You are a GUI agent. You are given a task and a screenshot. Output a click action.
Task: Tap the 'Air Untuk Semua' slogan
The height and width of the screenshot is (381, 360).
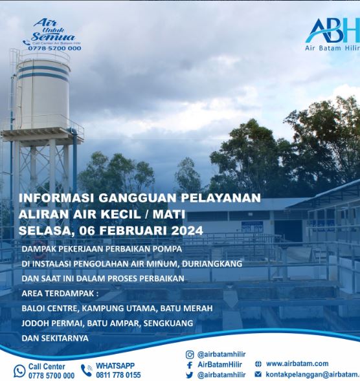[53, 30]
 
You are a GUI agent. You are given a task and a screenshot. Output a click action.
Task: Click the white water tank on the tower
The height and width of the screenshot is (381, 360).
[43, 94]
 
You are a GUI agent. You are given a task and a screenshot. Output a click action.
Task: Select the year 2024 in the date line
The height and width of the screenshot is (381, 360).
[187, 230]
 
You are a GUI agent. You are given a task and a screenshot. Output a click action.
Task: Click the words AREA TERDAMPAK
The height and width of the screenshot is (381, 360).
[60, 294]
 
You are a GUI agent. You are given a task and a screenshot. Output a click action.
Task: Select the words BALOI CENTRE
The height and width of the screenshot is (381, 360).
[50, 309]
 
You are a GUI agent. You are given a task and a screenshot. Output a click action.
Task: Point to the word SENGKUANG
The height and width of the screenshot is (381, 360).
[168, 323]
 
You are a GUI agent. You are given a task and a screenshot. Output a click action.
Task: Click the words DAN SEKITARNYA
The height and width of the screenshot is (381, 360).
[55, 338]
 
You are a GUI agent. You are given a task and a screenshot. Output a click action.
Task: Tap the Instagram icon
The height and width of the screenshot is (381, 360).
[190, 354]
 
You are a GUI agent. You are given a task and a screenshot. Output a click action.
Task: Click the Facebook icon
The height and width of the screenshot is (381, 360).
[190, 365]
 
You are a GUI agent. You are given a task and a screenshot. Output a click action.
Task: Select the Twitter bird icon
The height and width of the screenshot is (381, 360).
[190, 375]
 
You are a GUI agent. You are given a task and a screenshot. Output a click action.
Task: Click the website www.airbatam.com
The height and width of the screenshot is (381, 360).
[297, 364]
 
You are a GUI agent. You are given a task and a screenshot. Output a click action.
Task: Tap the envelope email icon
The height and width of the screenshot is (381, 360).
[258, 374]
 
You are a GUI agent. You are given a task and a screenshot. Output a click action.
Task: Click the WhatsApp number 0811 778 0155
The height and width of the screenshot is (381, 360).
[118, 375]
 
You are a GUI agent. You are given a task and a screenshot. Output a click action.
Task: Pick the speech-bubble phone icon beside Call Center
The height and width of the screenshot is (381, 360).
[19, 371]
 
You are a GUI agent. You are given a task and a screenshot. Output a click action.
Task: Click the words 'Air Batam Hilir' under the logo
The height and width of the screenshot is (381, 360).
[333, 48]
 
